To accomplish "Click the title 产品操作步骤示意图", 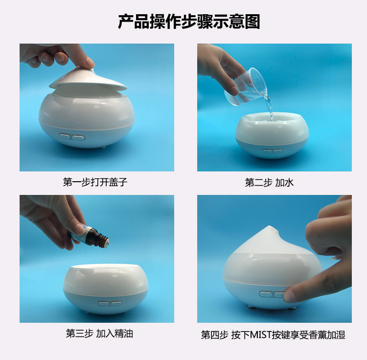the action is (189, 22).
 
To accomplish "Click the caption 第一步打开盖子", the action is (95, 182).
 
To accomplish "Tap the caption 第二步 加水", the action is (269, 183).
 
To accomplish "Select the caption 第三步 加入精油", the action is (99, 334).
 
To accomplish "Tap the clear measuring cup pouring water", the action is (246, 87).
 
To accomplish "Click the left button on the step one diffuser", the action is (65, 136).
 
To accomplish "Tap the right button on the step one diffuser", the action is (78, 138).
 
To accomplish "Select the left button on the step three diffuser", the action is (103, 304).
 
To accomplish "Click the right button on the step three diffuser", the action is (116, 304).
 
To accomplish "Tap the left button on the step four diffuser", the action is (265, 294).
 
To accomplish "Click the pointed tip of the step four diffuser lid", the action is (270, 226).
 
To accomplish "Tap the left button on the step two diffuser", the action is (267, 151).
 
